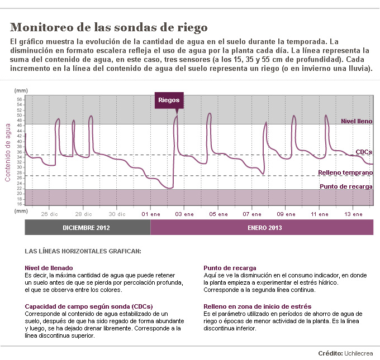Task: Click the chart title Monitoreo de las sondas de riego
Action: (109, 27)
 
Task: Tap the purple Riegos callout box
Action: (169, 100)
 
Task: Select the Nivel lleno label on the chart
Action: (357, 121)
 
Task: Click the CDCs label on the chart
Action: (364, 152)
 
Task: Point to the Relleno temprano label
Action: (345, 173)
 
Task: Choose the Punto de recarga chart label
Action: (346, 186)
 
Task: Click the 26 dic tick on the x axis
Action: (50, 214)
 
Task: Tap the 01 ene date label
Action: (151, 214)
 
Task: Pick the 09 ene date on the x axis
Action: (286, 214)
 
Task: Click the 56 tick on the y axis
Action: (20, 99)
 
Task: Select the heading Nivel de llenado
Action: (49, 268)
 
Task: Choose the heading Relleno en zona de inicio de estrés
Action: (257, 306)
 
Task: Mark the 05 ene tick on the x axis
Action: (218, 214)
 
